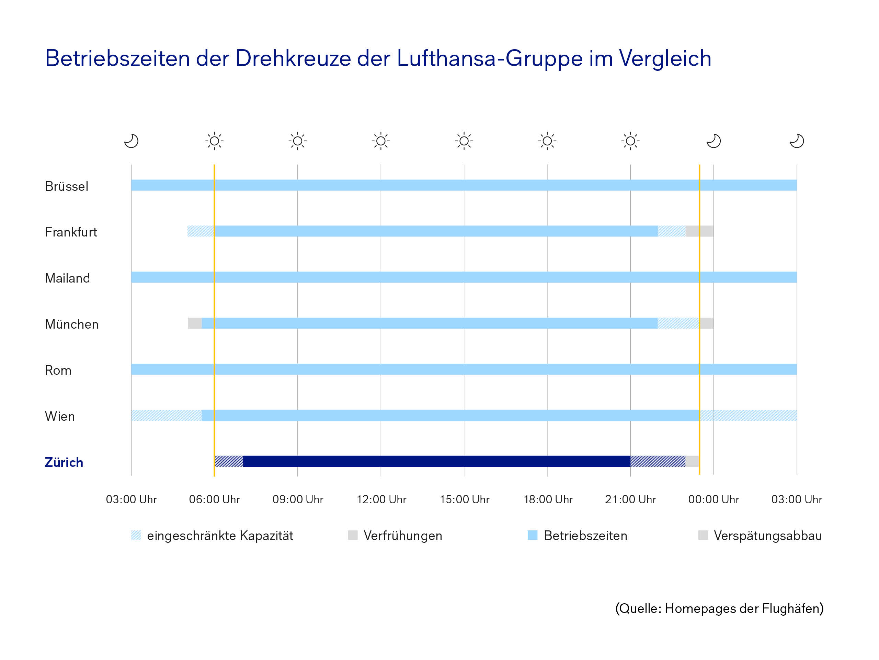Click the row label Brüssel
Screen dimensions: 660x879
tap(66, 186)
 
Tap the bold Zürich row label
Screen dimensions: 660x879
tap(64, 462)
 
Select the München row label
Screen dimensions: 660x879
tap(71, 324)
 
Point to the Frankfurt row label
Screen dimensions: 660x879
tap(71, 232)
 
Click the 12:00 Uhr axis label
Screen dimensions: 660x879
tap(381, 499)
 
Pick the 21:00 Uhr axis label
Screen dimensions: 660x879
tap(630, 499)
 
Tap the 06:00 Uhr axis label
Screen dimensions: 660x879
tap(214, 499)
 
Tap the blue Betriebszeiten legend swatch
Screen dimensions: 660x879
tap(533, 535)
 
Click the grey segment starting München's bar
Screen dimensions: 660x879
tap(195, 323)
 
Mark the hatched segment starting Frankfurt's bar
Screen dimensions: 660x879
tap(201, 231)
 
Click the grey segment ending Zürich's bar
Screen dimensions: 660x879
tap(692, 461)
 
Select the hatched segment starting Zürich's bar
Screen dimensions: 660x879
tap(229, 461)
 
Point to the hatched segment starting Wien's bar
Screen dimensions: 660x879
tap(166, 415)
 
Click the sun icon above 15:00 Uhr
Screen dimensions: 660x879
tap(464, 141)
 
